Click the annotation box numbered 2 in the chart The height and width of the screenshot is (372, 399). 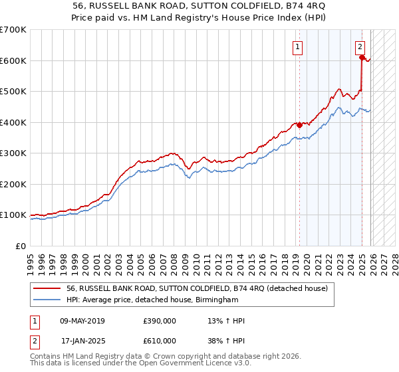(x=360, y=46)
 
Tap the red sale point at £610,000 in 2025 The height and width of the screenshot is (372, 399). (x=362, y=58)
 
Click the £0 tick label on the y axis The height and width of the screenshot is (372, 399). (x=21, y=246)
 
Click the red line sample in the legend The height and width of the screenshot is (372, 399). (x=47, y=289)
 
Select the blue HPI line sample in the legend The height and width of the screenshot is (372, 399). (x=47, y=300)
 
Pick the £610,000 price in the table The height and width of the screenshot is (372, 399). (x=160, y=340)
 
